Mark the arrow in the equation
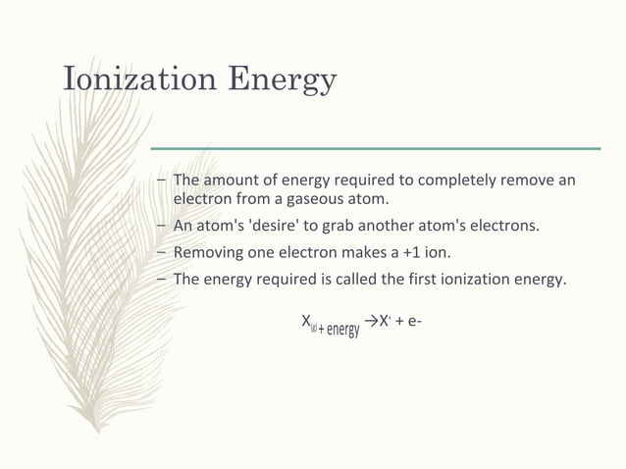click(371, 321)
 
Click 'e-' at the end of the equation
click(415, 322)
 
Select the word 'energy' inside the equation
click(342, 328)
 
